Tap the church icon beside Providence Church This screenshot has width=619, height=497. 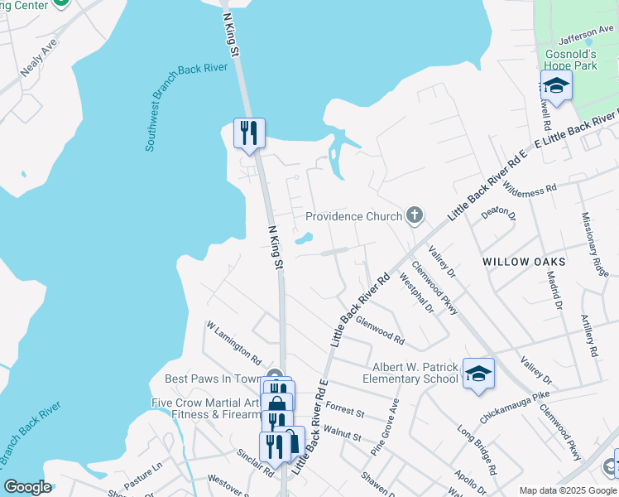coord(415,216)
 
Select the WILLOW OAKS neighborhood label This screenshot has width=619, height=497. coord(524,262)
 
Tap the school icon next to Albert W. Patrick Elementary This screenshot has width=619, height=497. coord(478,374)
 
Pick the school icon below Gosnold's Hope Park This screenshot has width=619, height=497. coord(556,87)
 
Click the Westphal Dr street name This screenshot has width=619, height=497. coord(416,293)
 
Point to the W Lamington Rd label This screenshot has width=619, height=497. coord(233,346)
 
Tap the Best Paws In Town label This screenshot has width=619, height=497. coord(213,379)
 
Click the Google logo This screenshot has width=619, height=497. coord(28,487)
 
